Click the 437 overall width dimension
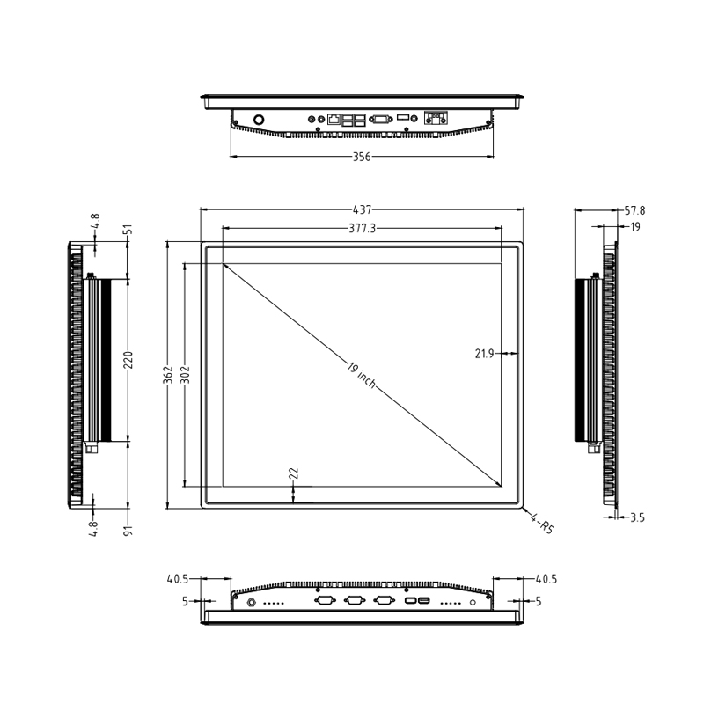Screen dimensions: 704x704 click(362, 210)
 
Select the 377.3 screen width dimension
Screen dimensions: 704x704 click(362, 228)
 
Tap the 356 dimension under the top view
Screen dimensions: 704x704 click(362, 158)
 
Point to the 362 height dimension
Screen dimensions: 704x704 click(167, 375)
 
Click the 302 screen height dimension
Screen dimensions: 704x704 click(185, 375)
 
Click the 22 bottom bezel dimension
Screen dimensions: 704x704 click(294, 473)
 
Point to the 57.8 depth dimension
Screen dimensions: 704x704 click(634, 211)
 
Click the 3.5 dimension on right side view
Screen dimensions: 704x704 click(637, 518)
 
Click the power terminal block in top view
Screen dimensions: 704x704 click(436, 118)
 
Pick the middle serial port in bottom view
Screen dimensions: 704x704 click(355, 602)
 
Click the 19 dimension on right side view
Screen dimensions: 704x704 click(634, 227)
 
